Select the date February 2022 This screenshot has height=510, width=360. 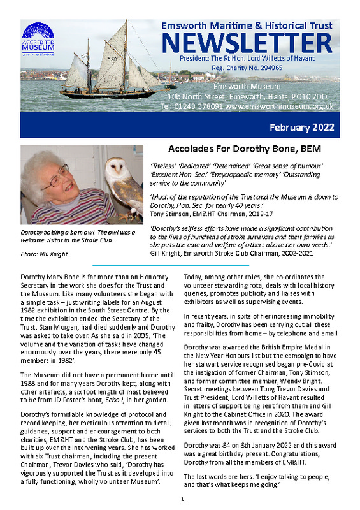pyautogui.click(x=302, y=127)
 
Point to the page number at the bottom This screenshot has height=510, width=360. pyautogui.click(x=182, y=499)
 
